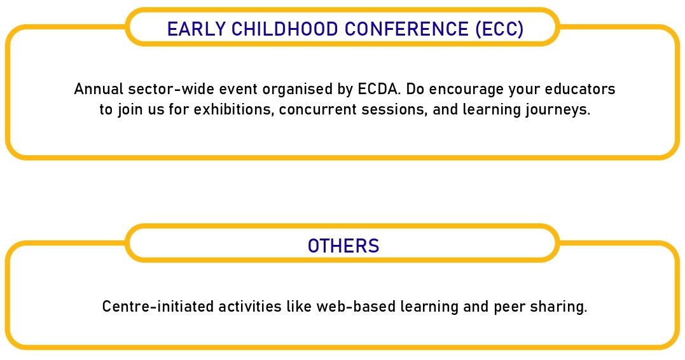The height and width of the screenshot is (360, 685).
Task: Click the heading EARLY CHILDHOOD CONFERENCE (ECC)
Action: pyautogui.click(x=345, y=29)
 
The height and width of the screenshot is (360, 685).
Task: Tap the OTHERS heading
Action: pyautogui.click(x=343, y=246)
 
